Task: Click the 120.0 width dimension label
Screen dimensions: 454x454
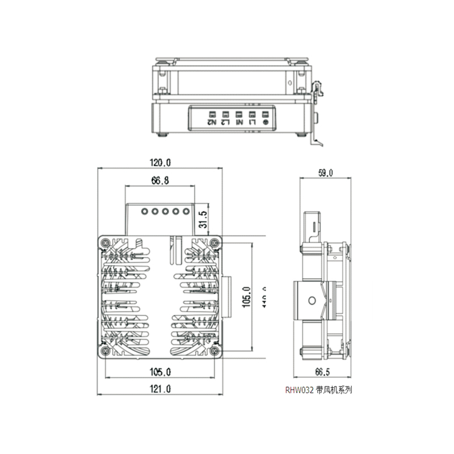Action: click(x=161, y=162)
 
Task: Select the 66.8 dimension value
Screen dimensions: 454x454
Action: click(x=160, y=181)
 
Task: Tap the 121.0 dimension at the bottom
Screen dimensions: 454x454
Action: click(x=161, y=389)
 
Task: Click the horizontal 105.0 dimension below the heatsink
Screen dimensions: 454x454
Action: click(x=161, y=372)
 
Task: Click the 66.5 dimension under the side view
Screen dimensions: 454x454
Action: click(x=322, y=372)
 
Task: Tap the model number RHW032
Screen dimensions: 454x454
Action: click(x=299, y=390)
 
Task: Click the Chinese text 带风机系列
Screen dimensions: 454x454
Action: click(x=334, y=390)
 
